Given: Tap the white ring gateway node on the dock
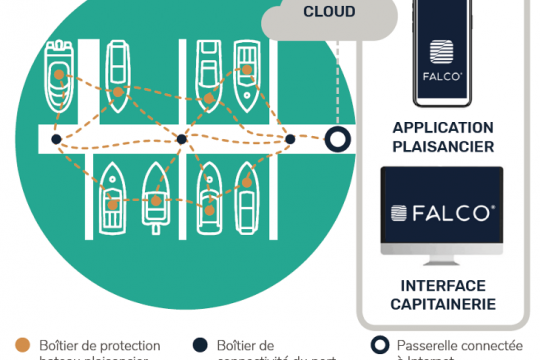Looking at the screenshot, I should (338, 139).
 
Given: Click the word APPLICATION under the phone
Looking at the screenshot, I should (443, 128).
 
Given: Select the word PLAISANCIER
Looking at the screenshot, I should (443, 146).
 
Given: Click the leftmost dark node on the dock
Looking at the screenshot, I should (56, 139).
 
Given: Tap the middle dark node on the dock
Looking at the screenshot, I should (181, 139).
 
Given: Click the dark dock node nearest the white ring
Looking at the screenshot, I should (289, 138).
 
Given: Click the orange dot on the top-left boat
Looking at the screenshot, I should (60, 76).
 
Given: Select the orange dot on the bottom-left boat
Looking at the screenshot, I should (113, 204).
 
